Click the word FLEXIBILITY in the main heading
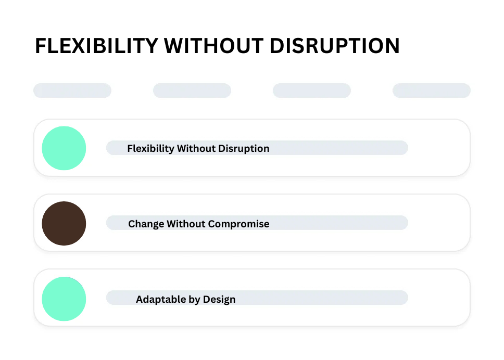97,46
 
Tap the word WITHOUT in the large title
214,46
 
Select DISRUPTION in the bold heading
335,46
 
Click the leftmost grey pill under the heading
72,91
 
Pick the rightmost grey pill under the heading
431,91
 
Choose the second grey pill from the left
192,91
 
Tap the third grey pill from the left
312,91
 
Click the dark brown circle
64,224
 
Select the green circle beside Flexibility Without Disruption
64,148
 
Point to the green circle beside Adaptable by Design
64,299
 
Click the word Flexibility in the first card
151,149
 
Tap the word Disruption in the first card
244,149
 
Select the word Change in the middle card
146,224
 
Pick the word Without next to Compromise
186,224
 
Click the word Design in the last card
219,300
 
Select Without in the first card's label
196,148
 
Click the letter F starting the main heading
40,46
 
